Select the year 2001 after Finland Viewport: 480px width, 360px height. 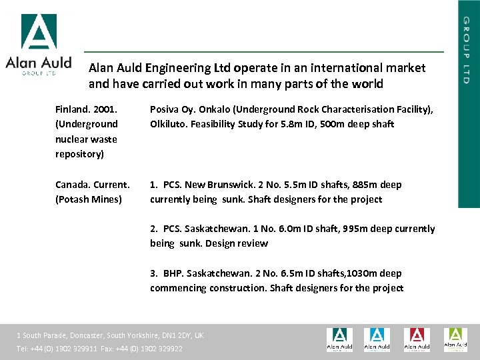(105, 109)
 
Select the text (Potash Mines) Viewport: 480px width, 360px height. (89, 199)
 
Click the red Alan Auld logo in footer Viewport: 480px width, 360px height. (417, 339)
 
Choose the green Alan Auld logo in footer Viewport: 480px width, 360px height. (456, 339)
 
